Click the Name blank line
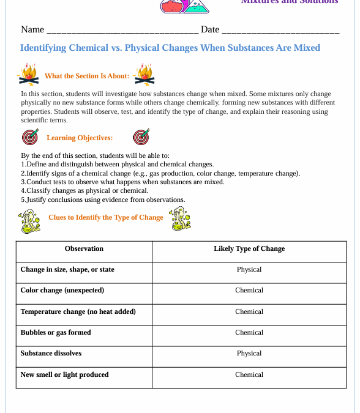point(122,31)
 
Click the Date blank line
point(280,31)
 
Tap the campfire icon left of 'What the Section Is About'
point(28,75)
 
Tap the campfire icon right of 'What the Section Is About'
point(144,75)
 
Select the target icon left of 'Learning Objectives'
point(29,137)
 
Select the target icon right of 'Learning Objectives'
point(141,137)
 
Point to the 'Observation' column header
point(84,249)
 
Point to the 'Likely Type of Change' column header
point(249,249)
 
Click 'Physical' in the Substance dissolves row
point(249,354)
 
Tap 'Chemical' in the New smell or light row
point(249,375)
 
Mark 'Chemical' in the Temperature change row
point(249,312)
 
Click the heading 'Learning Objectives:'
point(80,138)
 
